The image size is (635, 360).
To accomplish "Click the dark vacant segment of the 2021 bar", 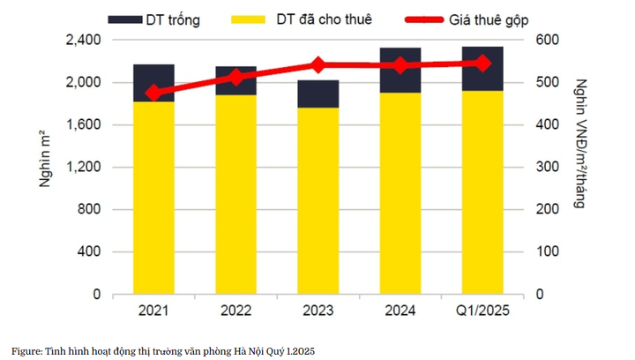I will [x=153, y=83].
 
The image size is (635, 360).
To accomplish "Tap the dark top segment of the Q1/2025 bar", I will [x=482, y=69].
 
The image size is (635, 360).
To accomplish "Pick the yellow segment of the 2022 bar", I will [x=235, y=194].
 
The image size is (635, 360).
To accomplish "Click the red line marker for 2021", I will [x=153, y=94].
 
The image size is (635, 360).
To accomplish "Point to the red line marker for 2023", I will [x=318, y=65].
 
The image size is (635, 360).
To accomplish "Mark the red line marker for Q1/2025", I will [x=482, y=63].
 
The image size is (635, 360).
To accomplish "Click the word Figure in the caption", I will [x=26, y=350].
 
